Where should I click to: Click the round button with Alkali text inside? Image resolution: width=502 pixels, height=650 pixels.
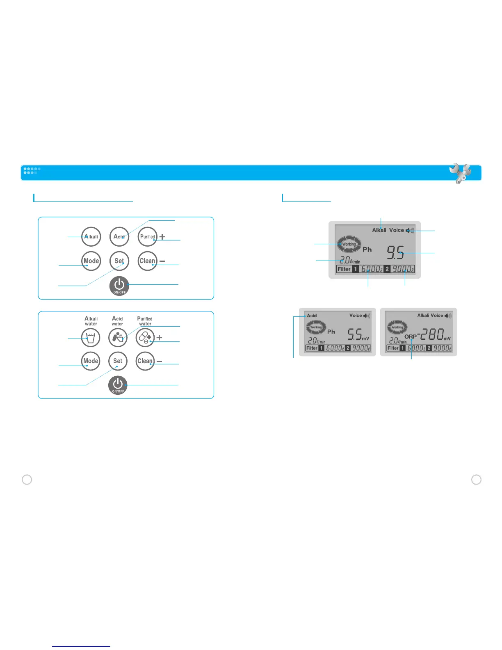pos(91,237)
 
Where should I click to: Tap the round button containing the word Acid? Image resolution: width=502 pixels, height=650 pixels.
pos(119,237)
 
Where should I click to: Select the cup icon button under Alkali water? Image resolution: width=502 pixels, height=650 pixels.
pos(91,338)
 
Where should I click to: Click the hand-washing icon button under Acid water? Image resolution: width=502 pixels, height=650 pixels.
pos(118,338)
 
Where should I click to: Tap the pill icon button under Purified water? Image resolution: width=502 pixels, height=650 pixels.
pos(145,338)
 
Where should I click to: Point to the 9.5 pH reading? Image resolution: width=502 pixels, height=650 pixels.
pos(395,253)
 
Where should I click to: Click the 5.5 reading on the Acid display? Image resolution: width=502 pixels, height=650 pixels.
pos(354,335)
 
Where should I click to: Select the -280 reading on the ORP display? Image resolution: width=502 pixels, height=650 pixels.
pos(430,335)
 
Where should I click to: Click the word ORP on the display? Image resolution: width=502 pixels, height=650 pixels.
pos(410,336)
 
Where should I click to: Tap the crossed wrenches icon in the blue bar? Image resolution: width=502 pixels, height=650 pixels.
pos(460,173)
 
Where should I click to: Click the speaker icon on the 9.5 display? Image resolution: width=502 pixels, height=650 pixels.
pos(410,231)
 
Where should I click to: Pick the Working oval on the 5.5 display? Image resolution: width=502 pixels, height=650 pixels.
pos(316,327)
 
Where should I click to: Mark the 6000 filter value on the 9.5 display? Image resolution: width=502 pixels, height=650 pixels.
pos(371,269)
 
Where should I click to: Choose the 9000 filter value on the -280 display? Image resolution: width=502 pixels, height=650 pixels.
pos(442,348)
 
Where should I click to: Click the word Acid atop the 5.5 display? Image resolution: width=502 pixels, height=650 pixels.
pos(312,316)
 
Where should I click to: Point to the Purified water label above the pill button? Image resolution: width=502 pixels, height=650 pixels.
pos(145,321)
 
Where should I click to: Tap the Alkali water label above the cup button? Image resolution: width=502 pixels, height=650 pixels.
pos(91,321)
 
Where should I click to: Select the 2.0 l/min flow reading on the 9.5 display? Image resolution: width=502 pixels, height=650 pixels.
pos(349,260)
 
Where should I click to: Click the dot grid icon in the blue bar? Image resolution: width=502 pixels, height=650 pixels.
pos(32,171)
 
